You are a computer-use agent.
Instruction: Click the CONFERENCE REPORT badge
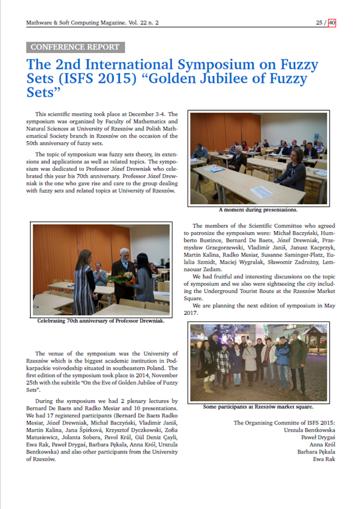pos(75,47)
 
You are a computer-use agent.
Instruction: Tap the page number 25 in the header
pos(320,23)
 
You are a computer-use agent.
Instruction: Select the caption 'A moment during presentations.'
pos(258,210)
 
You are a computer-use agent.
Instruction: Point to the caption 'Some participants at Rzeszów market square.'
pos(258,407)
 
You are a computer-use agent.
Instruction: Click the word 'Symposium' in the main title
pos(225,64)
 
